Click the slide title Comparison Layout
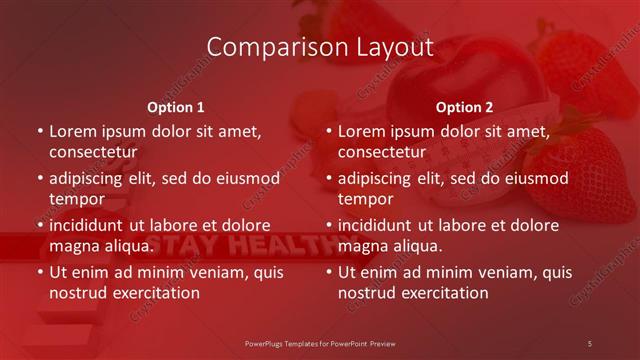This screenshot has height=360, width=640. click(320, 47)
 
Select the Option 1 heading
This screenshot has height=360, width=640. click(176, 106)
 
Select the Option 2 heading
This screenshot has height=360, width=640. click(464, 106)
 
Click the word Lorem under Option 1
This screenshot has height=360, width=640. click(73, 131)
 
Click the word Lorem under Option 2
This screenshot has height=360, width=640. click(362, 131)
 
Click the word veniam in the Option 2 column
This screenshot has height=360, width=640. click(507, 272)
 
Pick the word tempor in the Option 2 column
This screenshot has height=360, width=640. click(363, 199)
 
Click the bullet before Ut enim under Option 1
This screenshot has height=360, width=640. click(40, 273)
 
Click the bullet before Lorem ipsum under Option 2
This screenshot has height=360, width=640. click(329, 131)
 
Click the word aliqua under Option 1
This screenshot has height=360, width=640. click(129, 246)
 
